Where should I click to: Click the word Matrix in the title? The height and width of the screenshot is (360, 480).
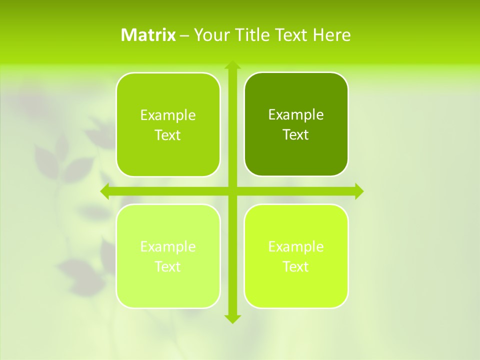pos(148,35)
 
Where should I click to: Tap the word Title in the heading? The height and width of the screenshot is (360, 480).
pos(252,35)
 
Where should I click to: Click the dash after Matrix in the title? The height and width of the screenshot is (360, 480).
pos(184,35)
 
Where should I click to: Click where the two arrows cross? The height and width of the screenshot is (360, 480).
pos(232,191)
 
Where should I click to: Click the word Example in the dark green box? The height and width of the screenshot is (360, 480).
pos(296,115)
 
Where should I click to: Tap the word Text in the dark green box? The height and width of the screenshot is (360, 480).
pos(296,135)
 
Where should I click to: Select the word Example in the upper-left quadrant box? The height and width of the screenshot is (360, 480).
pos(168,115)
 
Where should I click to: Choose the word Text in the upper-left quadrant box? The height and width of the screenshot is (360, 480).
pos(168,135)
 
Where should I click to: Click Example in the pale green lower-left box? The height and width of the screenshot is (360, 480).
pos(168,247)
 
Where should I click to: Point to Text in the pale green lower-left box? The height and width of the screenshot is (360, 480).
pos(168,267)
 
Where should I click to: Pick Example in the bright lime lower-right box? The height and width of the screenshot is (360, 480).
pos(296,247)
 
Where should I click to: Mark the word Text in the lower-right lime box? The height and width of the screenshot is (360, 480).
pos(296,267)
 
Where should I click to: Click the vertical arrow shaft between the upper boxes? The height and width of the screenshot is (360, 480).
pos(232,125)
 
